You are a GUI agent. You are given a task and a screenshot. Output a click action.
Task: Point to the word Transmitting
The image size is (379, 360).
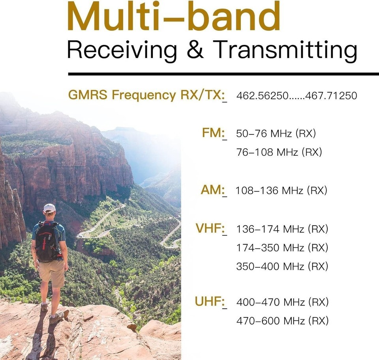[285, 51]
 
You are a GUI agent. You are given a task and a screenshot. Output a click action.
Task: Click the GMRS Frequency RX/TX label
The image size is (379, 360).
[147, 95]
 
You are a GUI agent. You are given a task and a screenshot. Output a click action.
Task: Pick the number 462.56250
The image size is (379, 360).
[263, 95]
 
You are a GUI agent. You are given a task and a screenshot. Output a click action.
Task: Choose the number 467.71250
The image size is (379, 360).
[331, 95]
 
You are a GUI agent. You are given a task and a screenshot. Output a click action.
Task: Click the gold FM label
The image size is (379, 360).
[214, 133]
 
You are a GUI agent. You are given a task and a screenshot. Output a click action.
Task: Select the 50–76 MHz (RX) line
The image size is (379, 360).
[276, 134]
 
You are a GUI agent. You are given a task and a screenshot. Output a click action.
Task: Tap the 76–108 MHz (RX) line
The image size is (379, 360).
[279, 152]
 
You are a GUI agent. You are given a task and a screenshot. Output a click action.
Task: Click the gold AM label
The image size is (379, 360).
[213, 190]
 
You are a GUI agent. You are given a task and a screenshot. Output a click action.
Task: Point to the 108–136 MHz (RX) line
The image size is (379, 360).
[281, 190]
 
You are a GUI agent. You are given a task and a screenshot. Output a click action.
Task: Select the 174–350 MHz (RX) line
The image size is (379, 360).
[282, 248]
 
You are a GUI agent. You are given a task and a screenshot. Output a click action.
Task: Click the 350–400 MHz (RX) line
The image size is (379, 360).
[282, 267]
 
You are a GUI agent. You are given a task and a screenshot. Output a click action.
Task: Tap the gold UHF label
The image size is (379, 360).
[210, 301]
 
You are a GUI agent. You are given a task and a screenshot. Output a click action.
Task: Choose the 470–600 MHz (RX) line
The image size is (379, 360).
[283, 321]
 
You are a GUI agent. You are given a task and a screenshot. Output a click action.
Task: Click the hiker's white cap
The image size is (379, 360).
[50, 208]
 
